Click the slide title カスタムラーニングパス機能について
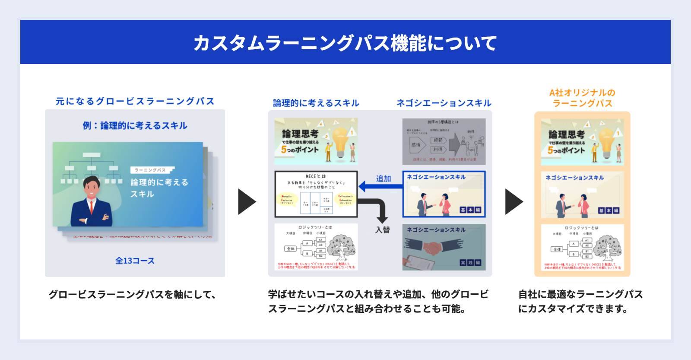pyautogui.click(x=345, y=43)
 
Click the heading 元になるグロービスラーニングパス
pyautogui.click(x=135, y=101)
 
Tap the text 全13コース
pyautogui.click(x=135, y=261)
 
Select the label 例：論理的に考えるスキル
pyautogui.click(x=135, y=126)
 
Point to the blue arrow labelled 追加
pyautogui.click(x=380, y=187)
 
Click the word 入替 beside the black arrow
pyautogui.click(x=382, y=230)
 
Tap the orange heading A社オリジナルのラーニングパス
pyautogui.click(x=582, y=98)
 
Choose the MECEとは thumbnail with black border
pyautogui.click(x=316, y=194)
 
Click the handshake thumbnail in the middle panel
pyautogui.click(x=444, y=247)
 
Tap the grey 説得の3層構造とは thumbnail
pyautogui.click(x=444, y=142)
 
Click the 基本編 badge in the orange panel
pyautogui.click(x=609, y=210)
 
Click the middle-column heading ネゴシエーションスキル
pyautogui.click(x=444, y=103)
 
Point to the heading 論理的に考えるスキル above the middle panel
pyautogui.click(x=316, y=103)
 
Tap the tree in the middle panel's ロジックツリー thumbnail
pyautogui.click(x=341, y=247)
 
